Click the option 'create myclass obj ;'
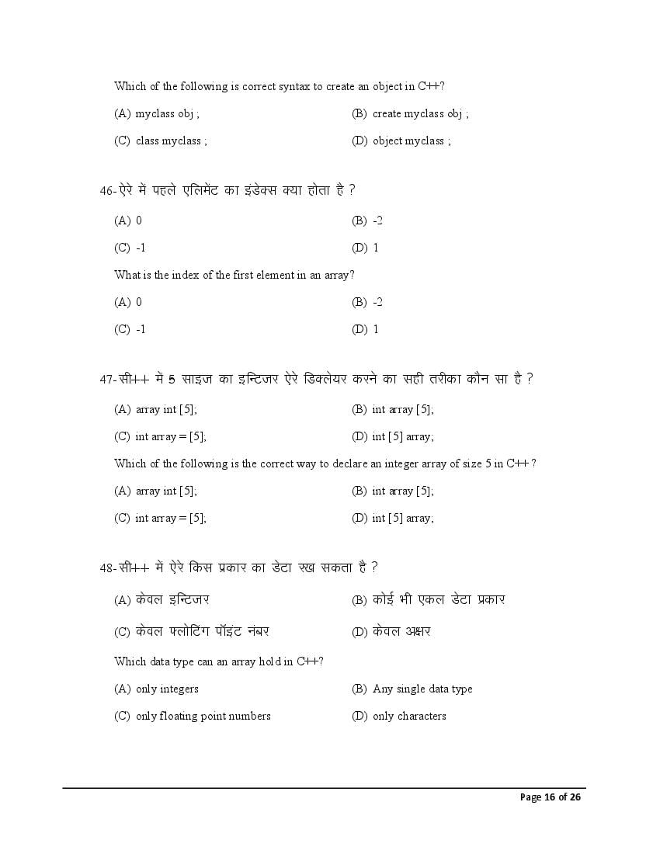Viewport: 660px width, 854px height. pyautogui.click(x=420, y=114)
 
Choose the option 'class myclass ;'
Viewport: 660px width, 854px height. pyautogui.click(x=171, y=141)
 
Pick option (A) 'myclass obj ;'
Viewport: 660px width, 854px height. pyautogui.click(x=167, y=114)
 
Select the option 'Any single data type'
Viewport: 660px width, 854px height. pyautogui.click(x=422, y=689)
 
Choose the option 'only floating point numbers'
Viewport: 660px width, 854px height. pyautogui.click(x=203, y=716)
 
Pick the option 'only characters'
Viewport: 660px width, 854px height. pyautogui.click(x=409, y=716)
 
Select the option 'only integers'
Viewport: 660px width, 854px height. pyautogui.click(x=167, y=689)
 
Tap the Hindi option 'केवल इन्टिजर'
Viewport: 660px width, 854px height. pyautogui.click(x=172, y=599)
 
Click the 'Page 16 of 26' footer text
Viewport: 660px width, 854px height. pyautogui.click(x=551, y=797)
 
